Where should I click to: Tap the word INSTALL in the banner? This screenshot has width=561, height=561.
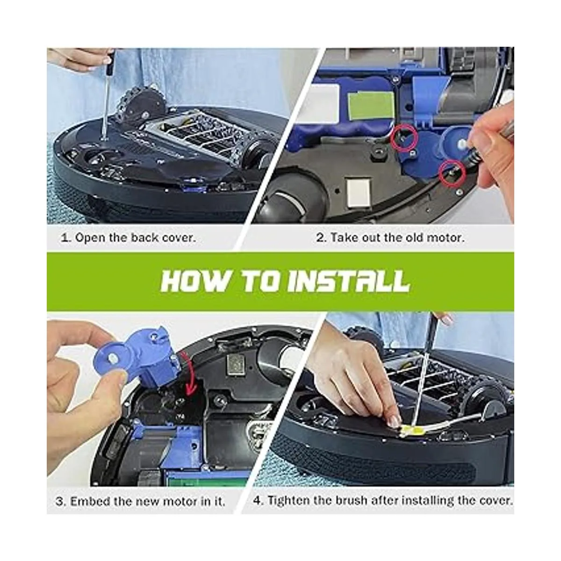349,281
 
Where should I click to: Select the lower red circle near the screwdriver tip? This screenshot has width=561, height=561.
452,174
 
